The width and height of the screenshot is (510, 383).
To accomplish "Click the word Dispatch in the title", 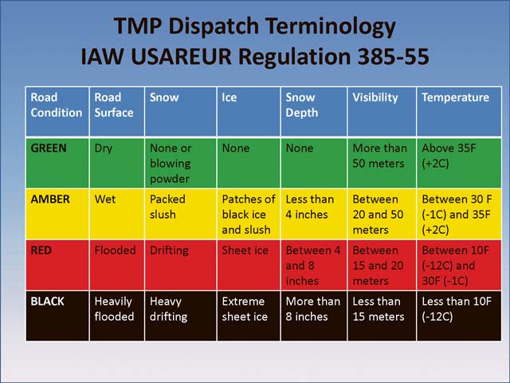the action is (214, 26).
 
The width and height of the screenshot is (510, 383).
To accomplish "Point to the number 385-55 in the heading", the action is (393, 57).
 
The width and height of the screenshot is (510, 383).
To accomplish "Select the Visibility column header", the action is (375, 97).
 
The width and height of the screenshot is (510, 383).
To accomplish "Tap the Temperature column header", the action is (455, 97).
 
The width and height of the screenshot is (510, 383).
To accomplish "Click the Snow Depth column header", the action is (301, 105).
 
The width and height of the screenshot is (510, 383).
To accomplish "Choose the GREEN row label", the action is (49, 148).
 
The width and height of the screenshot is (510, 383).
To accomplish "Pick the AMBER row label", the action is (50, 199).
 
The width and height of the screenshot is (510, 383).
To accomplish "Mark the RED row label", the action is (41, 250).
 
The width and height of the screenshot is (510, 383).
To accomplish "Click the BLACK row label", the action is (48, 302).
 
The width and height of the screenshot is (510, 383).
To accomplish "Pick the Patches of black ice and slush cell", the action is (249, 215).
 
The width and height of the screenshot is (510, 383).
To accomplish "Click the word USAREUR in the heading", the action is (181, 57).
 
